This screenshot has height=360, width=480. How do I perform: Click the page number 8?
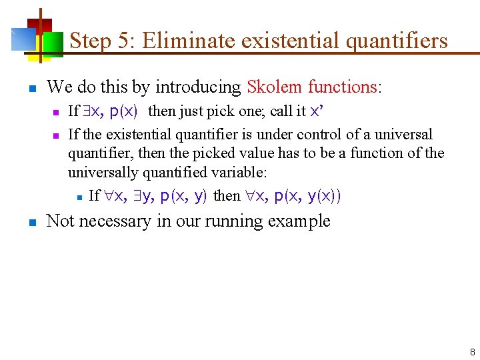click(472, 351)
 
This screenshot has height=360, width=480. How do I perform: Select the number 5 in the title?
click(123, 41)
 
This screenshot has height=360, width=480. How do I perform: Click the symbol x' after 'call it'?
click(317, 111)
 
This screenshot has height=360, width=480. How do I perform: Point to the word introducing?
click(198, 87)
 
